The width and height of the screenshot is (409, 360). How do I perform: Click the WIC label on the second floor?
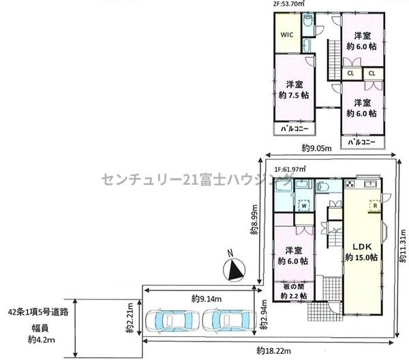tap(287, 35)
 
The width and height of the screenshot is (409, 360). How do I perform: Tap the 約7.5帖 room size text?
tap(294, 95)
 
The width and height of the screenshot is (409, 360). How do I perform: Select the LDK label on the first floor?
tap(362, 247)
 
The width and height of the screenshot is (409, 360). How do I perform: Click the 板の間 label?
tap(294, 286)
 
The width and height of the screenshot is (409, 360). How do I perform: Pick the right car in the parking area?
tap(228, 320)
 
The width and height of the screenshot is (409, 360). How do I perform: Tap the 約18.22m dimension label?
tap(273, 351)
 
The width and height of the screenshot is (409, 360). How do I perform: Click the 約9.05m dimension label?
tap(316, 149)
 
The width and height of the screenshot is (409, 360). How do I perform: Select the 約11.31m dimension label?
tap(403, 245)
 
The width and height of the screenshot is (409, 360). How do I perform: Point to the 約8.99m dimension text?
tap(254, 220)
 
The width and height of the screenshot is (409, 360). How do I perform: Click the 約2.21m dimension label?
tap(130, 318)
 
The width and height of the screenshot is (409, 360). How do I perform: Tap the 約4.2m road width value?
tap(41, 340)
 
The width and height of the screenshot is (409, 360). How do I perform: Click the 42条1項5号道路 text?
tap(38, 312)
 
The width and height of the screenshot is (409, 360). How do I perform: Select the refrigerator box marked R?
tap(375, 205)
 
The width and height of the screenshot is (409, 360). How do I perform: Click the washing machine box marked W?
tap(304, 205)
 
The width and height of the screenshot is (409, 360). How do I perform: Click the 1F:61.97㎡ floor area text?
tap(290, 169)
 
